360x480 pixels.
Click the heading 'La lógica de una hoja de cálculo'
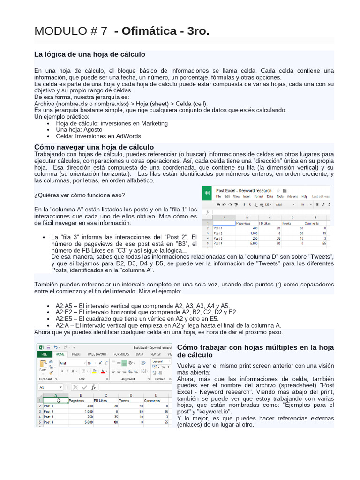90,55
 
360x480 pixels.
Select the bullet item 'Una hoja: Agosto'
79,129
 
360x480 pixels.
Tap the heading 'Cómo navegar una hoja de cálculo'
94,147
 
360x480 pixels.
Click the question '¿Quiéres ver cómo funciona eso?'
80,195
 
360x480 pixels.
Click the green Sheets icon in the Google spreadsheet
207,193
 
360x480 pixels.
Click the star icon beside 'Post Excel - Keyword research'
277,190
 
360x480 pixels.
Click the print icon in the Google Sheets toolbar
217,205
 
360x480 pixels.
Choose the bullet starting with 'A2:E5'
137,319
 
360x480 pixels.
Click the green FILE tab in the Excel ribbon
44,354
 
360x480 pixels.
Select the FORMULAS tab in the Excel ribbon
121,354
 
